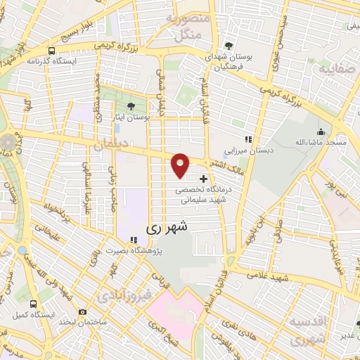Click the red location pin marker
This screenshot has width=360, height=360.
pos(181,165)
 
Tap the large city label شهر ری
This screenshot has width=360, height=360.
pos(167,229)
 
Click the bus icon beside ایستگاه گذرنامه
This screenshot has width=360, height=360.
pos(52,51)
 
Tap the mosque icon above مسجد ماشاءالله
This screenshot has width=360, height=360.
pos(321,131)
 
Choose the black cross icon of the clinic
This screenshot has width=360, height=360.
pos(204,179)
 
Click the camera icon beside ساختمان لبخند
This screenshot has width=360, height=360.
pos(83,311)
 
